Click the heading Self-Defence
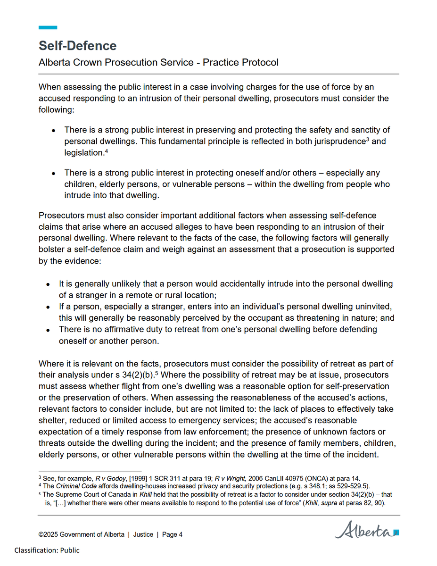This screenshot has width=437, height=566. [77, 46]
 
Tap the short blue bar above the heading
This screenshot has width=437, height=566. [48, 27]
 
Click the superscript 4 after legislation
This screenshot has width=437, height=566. [107, 151]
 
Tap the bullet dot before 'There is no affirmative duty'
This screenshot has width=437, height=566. [49, 330]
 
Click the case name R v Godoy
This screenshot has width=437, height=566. [109, 478]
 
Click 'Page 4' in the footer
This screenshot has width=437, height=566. [172, 534]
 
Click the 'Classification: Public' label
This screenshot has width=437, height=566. [47, 550]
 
